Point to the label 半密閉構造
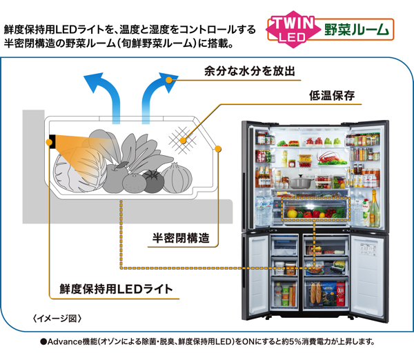[x=181, y=239]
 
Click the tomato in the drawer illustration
[x=153, y=181]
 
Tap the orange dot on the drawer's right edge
[x=219, y=148]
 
